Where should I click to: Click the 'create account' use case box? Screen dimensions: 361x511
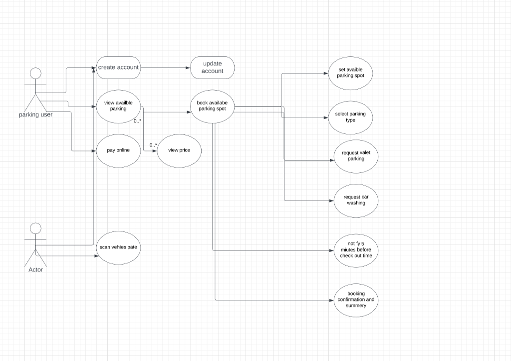tap(118, 67)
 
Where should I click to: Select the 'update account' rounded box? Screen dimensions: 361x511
tap(213, 67)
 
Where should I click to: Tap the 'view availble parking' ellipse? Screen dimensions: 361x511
tap(118, 105)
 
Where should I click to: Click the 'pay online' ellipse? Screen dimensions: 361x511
tap(118, 150)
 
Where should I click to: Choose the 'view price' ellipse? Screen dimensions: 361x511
tap(179, 150)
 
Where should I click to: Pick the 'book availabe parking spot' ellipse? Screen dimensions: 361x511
tap(213, 105)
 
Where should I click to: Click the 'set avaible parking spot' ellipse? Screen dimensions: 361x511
tap(351, 73)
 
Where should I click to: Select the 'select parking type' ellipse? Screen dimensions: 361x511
tap(350, 117)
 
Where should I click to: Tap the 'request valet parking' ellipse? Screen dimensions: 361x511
tap(356, 156)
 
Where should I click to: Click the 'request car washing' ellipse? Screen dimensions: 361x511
tap(356, 200)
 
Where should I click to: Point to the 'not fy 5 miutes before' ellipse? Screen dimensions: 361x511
tap(356, 249)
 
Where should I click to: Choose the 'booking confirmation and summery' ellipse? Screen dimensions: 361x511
tap(356, 300)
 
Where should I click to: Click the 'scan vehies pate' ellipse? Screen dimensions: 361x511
tap(118, 247)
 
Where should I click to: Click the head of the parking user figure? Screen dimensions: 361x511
tap(35, 73)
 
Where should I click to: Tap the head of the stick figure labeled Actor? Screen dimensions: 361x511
tap(35, 228)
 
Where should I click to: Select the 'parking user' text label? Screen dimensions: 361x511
tap(36, 114)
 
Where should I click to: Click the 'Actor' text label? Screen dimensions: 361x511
tap(36, 269)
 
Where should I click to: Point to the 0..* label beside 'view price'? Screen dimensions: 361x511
tap(153, 145)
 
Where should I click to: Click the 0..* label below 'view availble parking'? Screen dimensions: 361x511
tap(137, 121)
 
